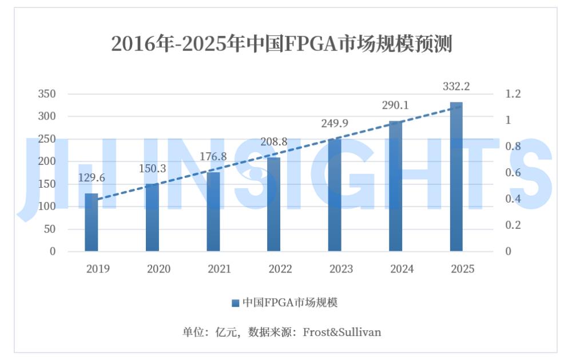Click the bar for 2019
pyautogui.click(x=92, y=222)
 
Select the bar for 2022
pyautogui.click(x=274, y=204)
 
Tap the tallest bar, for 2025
pyautogui.click(x=456, y=177)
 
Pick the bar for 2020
pyautogui.click(x=152, y=217)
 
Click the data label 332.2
pyautogui.click(x=456, y=86)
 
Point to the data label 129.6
pyautogui.click(x=92, y=178)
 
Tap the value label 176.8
pyautogui.click(x=213, y=156)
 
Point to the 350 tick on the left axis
pyautogui.click(x=47, y=94)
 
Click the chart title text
pyautogui.click(x=281, y=43)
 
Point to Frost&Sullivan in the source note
pyautogui.click(x=341, y=332)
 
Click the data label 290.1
pyautogui.click(x=396, y=106)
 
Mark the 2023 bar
pyautogui.click(x=335, y=195)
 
